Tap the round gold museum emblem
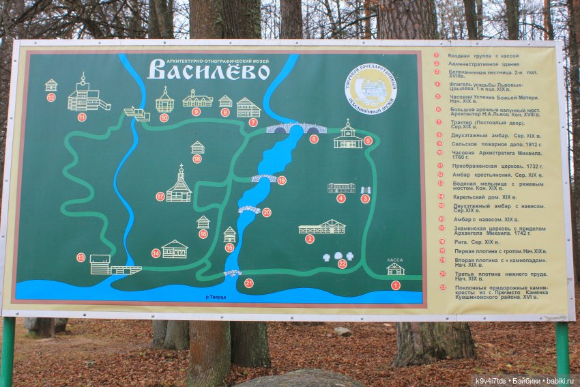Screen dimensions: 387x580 (371, 89)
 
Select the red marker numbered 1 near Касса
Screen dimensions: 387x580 (395, 285)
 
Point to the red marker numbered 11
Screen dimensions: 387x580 (82, 117)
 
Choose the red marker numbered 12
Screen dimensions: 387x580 (51, 98)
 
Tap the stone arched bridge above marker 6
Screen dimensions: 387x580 (295, 128)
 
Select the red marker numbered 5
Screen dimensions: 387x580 (368, 141)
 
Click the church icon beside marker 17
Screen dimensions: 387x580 (179, 186)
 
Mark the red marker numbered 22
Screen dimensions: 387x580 (342, 264)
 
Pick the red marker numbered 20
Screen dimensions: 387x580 (266, 212)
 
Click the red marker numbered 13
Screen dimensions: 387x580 (81, 257)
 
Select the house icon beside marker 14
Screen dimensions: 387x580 (175, 249)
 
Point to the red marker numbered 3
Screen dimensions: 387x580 (365, 199)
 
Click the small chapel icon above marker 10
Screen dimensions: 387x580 (164, 100)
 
